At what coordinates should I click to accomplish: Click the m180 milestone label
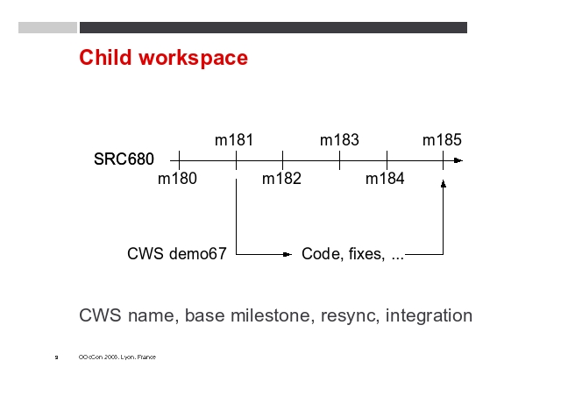(177, 178)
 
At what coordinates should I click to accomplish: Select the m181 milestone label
(234, 140)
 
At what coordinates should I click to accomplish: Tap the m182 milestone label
(281, 178)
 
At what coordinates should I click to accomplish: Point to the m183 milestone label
(339, 140)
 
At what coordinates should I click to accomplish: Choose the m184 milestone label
(385, 178)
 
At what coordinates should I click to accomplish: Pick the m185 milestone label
(442, 140)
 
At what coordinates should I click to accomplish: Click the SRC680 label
(124, 159)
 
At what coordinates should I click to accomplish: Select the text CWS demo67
(177, 253)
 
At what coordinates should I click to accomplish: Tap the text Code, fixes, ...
(343, 254)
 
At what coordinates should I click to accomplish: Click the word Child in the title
(105, 57)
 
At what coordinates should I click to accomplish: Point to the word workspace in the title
(193, 59)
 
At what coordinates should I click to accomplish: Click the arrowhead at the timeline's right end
(458, 160)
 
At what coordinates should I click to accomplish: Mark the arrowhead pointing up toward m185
(444, 183)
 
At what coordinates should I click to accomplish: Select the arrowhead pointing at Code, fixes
(288, 254)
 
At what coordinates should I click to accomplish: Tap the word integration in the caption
(429, 315)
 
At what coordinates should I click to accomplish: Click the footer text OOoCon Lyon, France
(117, 357)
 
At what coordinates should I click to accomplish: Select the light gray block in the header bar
(47, 27)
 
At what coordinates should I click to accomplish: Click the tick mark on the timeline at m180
(179, 160)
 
